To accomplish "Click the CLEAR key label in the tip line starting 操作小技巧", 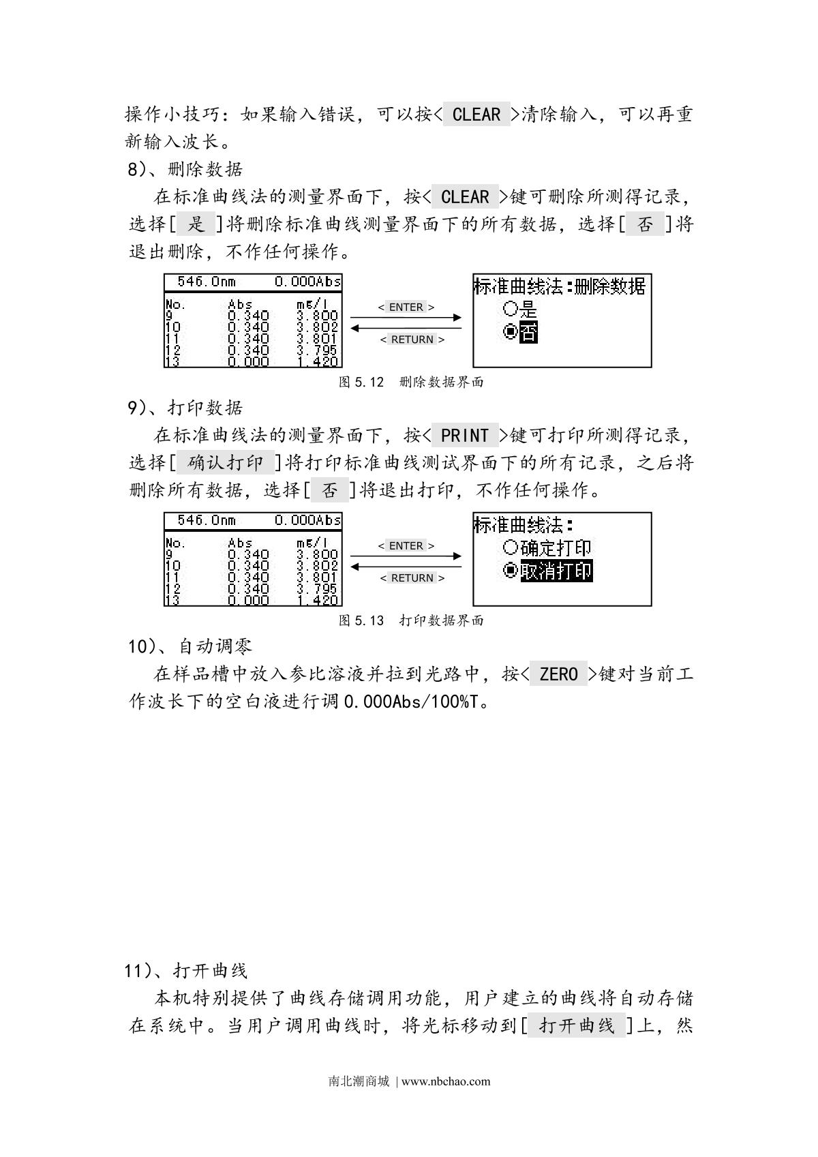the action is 476,115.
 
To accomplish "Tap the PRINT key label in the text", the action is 465,435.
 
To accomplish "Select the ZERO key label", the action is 558,674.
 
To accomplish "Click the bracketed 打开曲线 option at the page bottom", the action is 577,1025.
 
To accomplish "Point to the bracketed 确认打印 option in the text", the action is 225,463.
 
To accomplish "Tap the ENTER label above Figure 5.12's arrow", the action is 406,307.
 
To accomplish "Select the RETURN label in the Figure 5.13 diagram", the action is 412,578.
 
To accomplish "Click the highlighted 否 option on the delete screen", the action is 527,333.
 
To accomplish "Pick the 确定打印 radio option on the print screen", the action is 547,547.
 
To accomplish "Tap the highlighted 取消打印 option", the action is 555,571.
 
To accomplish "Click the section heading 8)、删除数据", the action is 185,169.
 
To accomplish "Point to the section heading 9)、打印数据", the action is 185,408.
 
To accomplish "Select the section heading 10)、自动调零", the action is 190,646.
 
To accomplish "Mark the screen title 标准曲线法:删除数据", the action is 559,286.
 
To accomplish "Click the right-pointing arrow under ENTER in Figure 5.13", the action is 406,556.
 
